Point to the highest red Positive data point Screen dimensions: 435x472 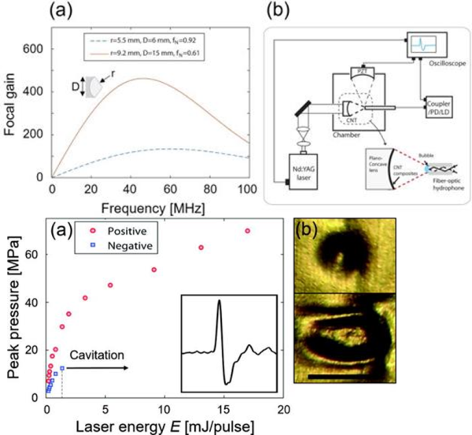248,231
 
